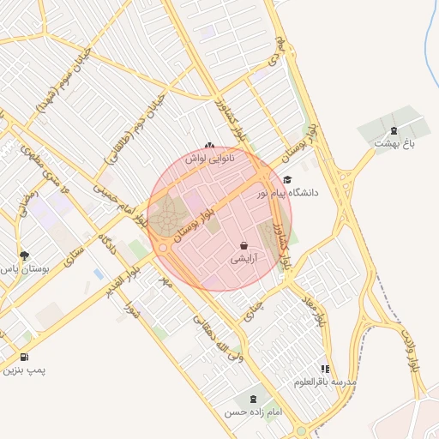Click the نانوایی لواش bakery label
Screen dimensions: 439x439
click(x=210, y=159)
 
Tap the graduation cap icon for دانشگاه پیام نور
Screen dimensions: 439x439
click(x=286, y=180)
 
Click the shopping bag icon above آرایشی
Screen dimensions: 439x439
click(x=244, y=246)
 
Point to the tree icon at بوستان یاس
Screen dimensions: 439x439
click(x=24, y=256)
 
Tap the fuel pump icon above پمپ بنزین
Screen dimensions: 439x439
click(x=23, y=358)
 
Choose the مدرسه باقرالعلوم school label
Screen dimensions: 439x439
click(x=325, y=381)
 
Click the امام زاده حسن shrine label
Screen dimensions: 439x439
click(x=253, y=412)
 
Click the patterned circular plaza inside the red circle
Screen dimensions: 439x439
click(x=168, y=211)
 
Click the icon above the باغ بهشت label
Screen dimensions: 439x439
click(x=394, y=130)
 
